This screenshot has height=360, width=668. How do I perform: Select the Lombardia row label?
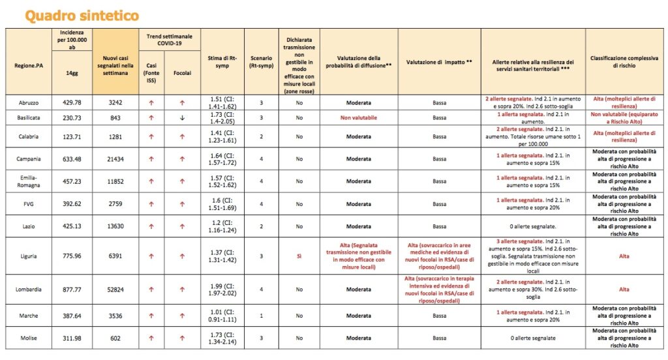(x=29, y=289)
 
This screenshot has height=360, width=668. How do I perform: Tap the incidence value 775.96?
(x=72, y=256)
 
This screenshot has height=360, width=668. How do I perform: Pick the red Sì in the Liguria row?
(x=299, y=256)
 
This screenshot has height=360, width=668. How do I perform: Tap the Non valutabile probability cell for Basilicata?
(x=358, y=118)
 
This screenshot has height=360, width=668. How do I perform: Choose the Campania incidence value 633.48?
(x=72, y=158)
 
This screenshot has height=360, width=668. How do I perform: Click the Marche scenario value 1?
(x=261, y=316)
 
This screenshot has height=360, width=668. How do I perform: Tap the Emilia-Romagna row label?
(x=29, y=181)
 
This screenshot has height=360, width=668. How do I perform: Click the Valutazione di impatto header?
(x=439, y=62)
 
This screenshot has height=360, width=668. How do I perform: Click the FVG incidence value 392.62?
(x=72, y=204)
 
